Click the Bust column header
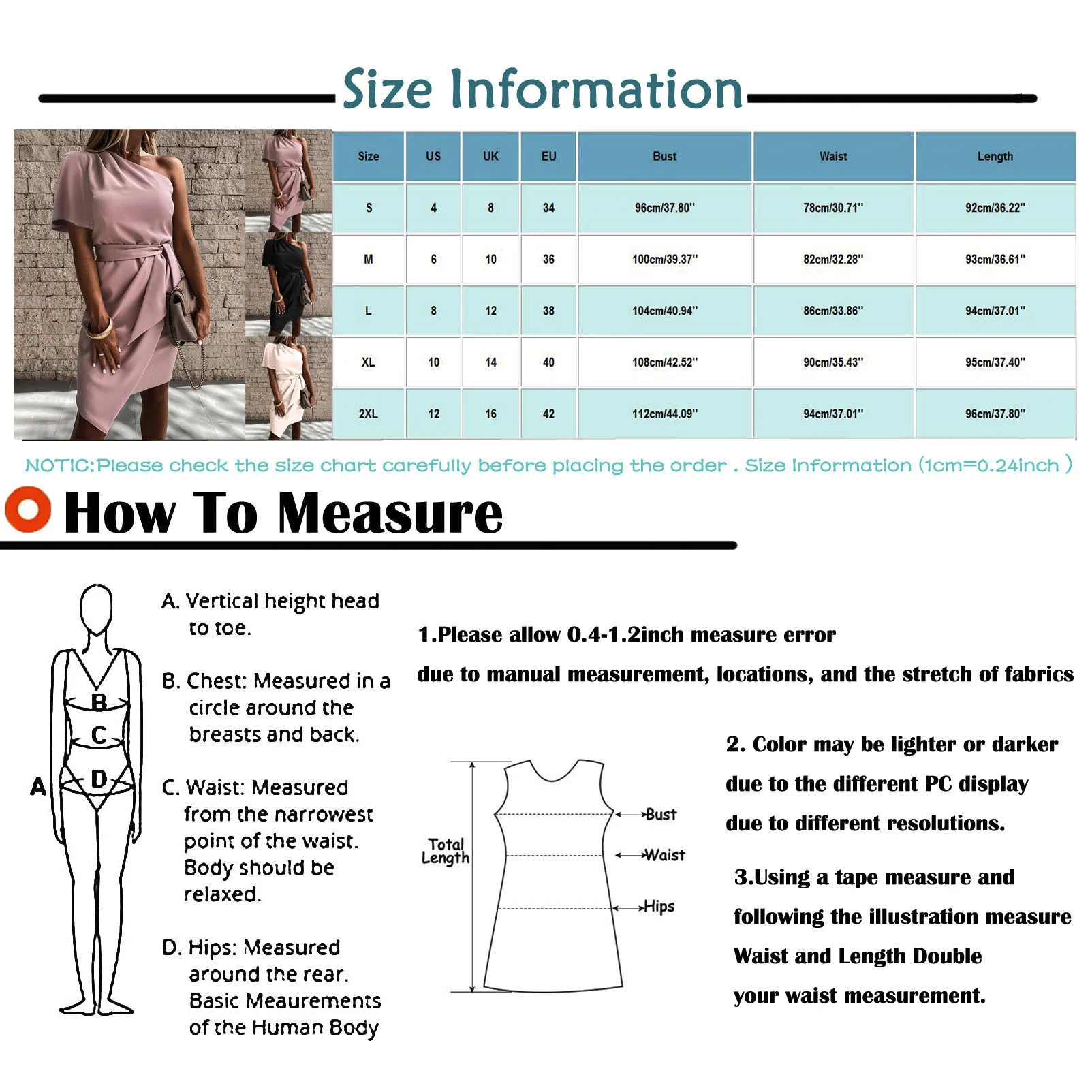[x=664, y=156]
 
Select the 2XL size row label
[x=368, y=414]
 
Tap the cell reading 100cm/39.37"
[x=664, y=260]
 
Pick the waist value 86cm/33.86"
[x=832, y=311]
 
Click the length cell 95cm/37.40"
[x=995, y=362]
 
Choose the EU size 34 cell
[x=548, y=208]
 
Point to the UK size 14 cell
[x=490, y=362]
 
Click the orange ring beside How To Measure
[x=28, y=510]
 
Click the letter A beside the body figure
[x=38, y=787]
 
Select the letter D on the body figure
[x=99, y=779]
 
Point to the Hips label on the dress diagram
[x=659, y=907]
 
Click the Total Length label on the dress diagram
[x=446, y=851]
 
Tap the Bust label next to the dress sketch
[x=660, y=814]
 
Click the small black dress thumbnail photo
[x=289, y=285]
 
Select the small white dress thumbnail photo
[x=289, y=388]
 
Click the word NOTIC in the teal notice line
[x=58, y=466]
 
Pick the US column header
[x=433, y=156]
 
